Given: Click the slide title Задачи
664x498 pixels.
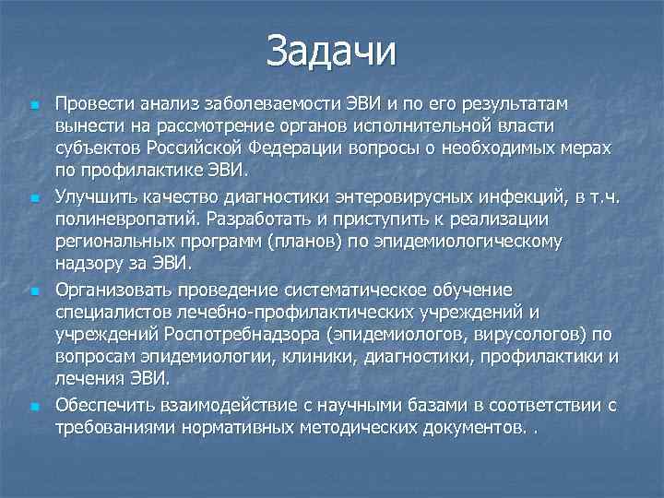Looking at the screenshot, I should point(331,50).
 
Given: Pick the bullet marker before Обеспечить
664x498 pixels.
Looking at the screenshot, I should point(34,405).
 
